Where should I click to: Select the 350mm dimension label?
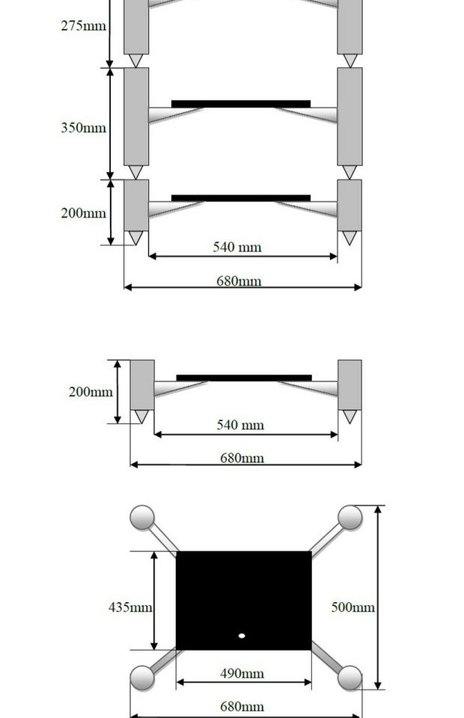[x=84, y=128]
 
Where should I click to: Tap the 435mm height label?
[x=131, y=607]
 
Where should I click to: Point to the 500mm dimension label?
[x=353, y=607]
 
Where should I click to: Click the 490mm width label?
[x=242, y=673]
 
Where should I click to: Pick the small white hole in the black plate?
[x=242, y=636]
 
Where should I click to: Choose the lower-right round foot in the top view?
[x=349, y=678]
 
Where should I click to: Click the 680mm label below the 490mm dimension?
[x=242, y=706]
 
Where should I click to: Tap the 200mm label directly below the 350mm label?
[x=84, y=213]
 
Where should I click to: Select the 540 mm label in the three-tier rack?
[x=237, y=247]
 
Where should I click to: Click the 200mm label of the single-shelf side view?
[x=91, y=391]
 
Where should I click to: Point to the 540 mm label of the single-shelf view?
[x=240, y=425]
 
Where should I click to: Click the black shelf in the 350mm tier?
[x=241, y=103]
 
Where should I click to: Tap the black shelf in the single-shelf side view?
[x=244, y=378]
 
